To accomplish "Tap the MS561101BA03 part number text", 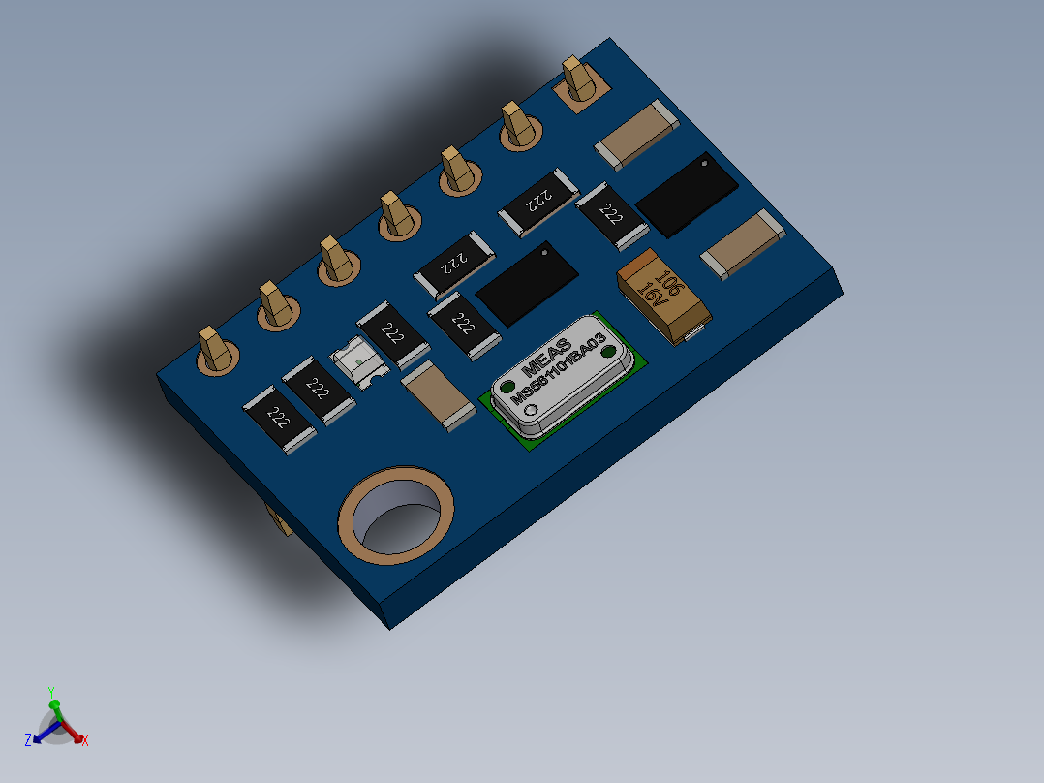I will (x=561, y=372).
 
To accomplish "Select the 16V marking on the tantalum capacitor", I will (x=651, y=288).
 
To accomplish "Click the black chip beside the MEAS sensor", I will (x=527, y=283).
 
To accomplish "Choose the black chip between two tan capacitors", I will (x=687, y=193).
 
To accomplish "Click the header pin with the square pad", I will (x=579, y=81).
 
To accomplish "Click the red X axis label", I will (x=85, y=741).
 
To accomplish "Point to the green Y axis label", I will (x=52, y=691).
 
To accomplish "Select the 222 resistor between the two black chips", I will (x=611, y=215).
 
